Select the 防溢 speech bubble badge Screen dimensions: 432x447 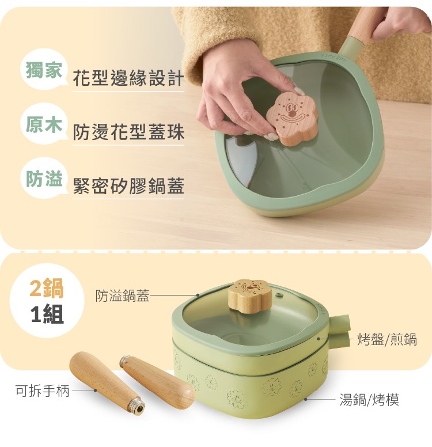pos(44,178)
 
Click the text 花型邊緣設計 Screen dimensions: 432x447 pos(128,78)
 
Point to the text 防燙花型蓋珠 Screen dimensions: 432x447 pos(128,132)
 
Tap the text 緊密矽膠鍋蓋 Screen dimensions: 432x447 pos(128,186)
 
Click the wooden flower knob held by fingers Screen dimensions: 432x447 pos(292,119)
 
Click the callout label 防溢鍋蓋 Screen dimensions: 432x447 pos(123,296)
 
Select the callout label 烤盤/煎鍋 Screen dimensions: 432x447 pos(387,339)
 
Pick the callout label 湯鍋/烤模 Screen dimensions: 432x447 pos(369,399)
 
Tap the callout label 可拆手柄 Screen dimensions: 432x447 pos(43,391)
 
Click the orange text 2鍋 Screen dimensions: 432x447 pos(47,289)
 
